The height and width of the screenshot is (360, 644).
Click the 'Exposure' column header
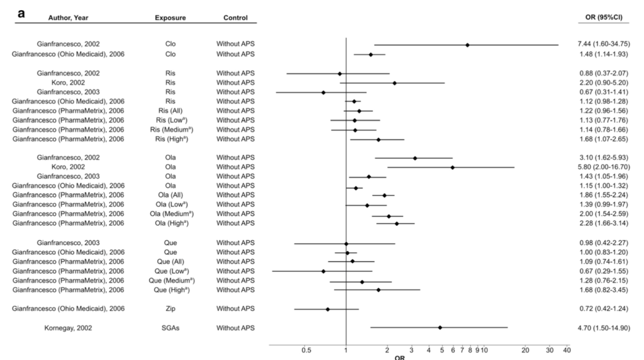click(170, 18)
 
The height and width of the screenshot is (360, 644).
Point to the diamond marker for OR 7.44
click(467, 45)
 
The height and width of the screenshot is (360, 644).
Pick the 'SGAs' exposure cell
click(170, 328)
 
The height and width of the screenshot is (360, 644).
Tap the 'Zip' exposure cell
click(170, 309)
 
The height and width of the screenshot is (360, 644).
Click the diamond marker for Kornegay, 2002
click(440, 328)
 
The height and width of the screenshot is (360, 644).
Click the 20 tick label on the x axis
click(525, 349)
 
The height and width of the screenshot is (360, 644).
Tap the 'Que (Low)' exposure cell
click(170, 271)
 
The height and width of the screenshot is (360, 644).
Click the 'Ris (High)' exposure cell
click(170, 139)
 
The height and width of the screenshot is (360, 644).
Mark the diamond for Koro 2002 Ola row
click(452, 167)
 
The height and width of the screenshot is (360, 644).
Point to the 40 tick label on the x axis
click(567, 349)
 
